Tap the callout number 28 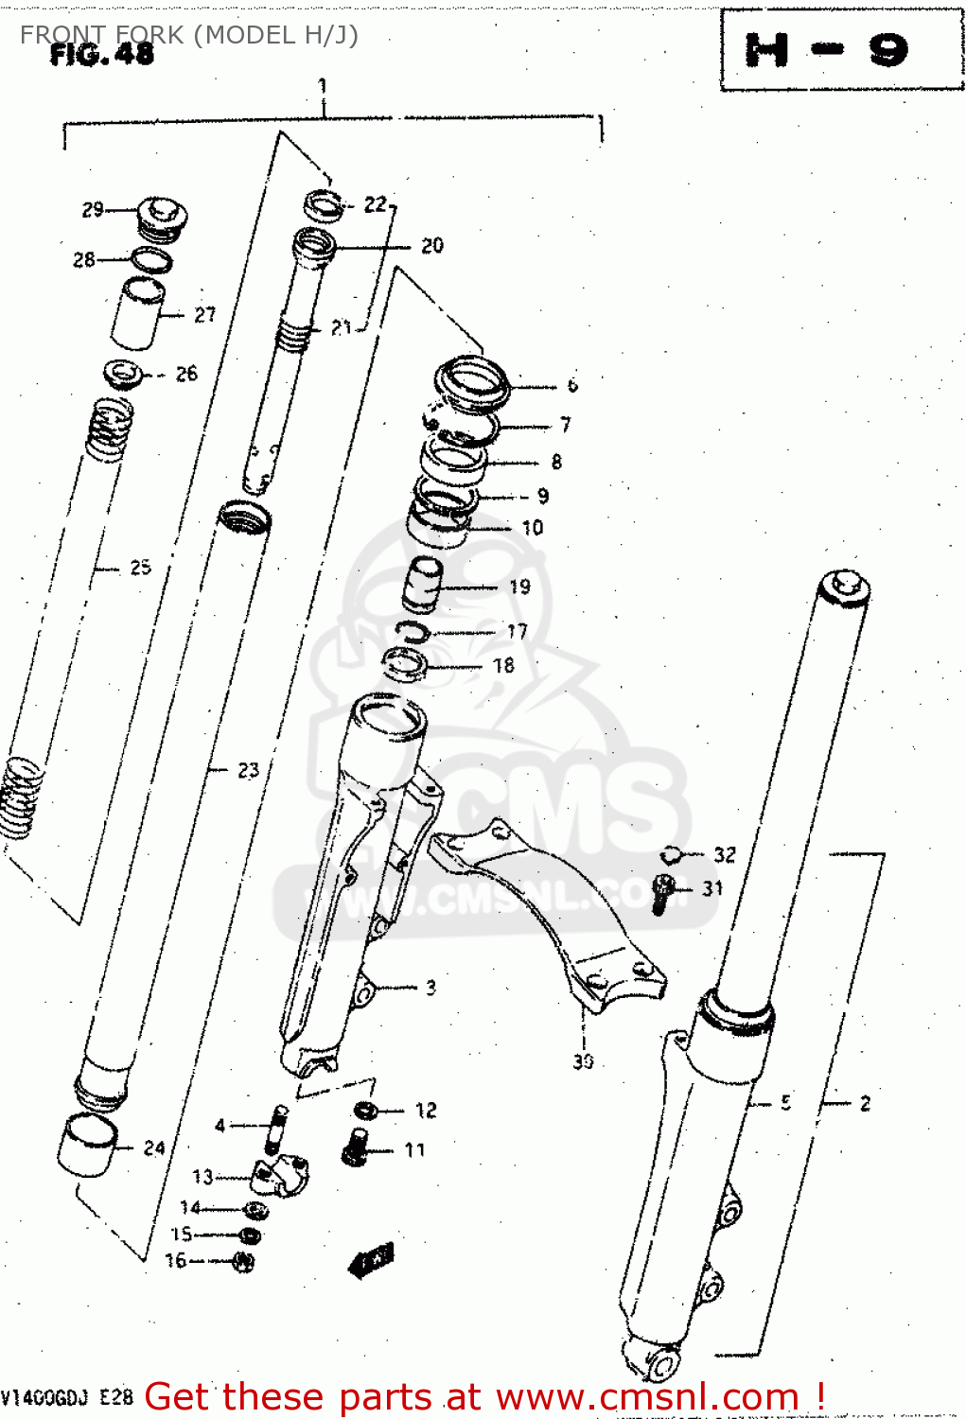[83, 259]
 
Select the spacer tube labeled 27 [138, 314]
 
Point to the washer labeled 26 [124, 375]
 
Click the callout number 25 [140, 568]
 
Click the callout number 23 [248, 770]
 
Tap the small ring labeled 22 [323, 204]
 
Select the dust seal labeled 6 [472, 382]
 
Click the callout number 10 [533, 528]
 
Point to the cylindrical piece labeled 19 [423, 587]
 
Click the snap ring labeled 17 [413, 632]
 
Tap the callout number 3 [430, 988]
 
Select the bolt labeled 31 [663, 892]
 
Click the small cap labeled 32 [671, 855]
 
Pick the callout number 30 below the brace [583, 1061]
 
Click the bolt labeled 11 [356, 1148]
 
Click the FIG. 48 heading [101, 55]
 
